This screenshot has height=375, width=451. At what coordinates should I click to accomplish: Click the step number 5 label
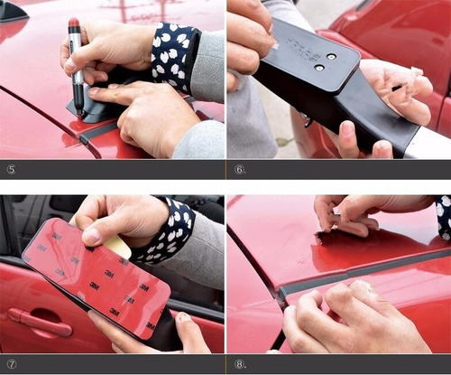point(9,169)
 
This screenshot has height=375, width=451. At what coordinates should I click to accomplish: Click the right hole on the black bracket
point(331,56)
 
